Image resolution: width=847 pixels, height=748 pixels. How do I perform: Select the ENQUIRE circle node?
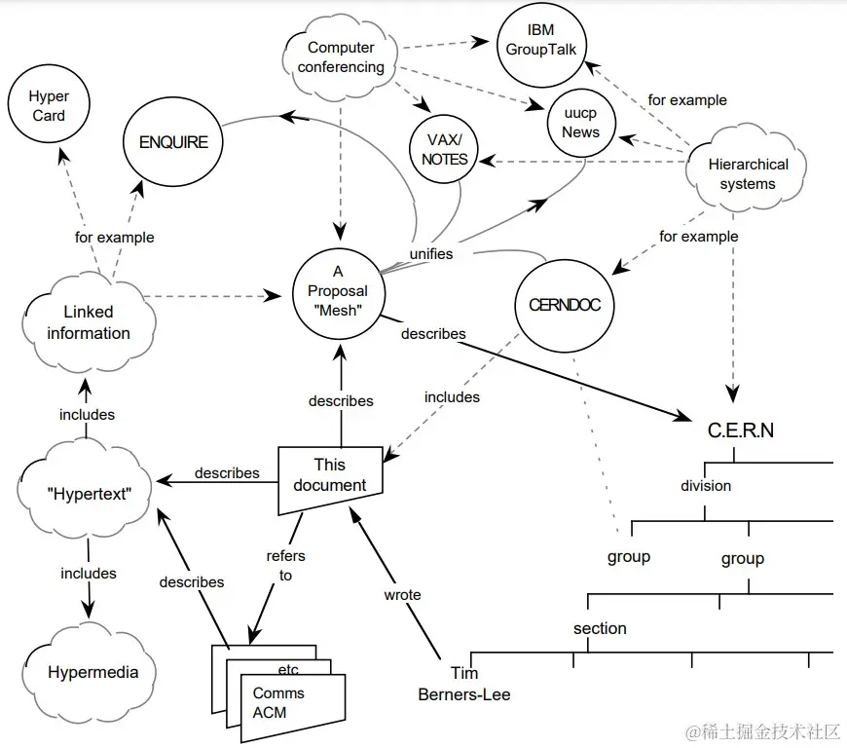(173, 141)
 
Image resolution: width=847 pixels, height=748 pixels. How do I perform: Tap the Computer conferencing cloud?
(341, 57)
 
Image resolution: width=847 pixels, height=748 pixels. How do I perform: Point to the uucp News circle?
(580, 123)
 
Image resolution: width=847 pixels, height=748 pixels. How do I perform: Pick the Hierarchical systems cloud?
(748, 173)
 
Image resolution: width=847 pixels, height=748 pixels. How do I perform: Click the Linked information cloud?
(88, 322)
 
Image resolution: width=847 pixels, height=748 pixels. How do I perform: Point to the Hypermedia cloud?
(92, 672)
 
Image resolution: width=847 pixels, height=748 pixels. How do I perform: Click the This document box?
(329, 476)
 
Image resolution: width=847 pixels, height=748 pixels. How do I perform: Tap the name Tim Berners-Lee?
(464, 684)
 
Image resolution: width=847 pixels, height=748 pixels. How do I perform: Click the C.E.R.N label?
(740, 430)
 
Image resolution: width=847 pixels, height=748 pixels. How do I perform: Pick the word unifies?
(429, 253)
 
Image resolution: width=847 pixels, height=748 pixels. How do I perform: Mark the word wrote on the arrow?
(402, 594)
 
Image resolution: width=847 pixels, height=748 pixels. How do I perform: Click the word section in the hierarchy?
(600, 628)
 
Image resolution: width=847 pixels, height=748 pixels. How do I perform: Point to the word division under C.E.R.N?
(706, 485)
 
